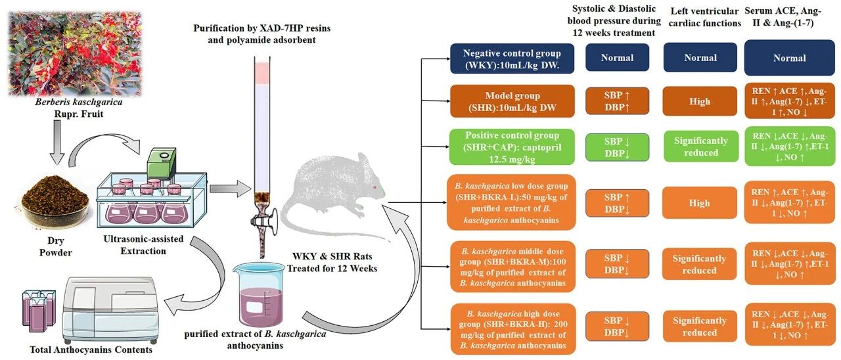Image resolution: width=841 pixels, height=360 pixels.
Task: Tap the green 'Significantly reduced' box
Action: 700,147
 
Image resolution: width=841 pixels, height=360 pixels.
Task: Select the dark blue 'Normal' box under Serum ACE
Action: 789,58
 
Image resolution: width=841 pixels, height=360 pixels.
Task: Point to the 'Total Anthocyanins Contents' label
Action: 91,349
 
